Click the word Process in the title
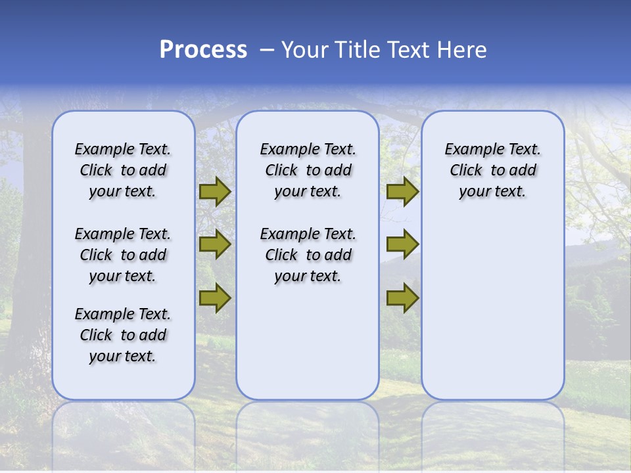(203, 50)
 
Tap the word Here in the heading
(461, 50)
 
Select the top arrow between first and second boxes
(215, 191)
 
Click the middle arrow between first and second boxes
(215, 244)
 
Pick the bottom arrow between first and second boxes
(215, 298)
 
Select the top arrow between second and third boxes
(402, 191)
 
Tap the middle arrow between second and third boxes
(402, 244)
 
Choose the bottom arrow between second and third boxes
(402, 298)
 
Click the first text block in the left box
(123, 170)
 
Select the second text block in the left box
(123, 255)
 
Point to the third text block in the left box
(123, 335)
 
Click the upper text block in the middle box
(308, 170)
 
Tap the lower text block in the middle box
(308, 255)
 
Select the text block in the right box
(492, 170)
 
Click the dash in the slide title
(267, 50)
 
